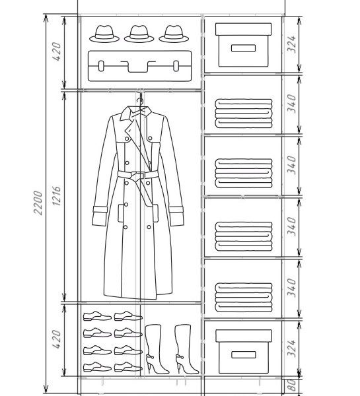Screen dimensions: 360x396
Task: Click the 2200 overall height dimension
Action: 38,203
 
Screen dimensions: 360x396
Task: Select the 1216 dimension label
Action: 57,196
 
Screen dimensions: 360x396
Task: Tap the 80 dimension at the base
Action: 291,385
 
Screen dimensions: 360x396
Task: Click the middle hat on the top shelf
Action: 139,34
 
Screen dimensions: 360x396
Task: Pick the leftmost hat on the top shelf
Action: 104,34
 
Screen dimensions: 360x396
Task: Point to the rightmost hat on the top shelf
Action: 174,34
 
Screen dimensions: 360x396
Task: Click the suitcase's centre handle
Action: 138,67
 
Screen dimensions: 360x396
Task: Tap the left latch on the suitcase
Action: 101,66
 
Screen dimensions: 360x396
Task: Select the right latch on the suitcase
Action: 176,66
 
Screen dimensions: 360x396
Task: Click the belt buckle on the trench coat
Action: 138,175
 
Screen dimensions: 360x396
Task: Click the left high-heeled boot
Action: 155,349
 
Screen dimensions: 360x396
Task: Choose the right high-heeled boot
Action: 186,349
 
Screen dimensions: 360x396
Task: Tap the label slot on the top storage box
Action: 243,48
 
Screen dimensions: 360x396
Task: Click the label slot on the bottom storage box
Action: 244,354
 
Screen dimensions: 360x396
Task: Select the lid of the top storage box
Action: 244,29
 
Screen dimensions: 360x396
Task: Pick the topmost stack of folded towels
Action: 244,114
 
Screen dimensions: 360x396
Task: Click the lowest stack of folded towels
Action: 244,298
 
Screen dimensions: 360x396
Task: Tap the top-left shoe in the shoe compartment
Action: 97,316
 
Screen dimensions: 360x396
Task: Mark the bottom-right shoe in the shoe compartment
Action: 128,367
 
